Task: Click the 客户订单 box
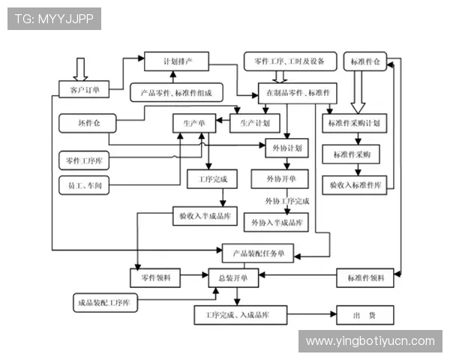84,90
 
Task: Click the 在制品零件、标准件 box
298,92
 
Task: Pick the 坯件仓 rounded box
83,121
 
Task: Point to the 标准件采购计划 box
354,122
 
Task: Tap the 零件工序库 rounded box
84,159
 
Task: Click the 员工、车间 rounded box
84,185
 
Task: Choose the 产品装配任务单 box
258,253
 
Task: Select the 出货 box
365,315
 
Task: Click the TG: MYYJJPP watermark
54,18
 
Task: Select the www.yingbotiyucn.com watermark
370,341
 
